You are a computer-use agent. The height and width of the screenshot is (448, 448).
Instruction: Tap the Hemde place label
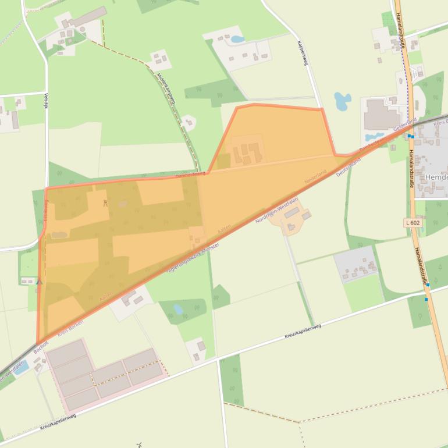pyautogui.click(x=436, y=177)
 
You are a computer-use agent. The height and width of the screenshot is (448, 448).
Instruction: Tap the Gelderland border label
pyautogui.click(x=404, y=124)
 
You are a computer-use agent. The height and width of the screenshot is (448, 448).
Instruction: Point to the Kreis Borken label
pyautogui.click(x=70, y=326)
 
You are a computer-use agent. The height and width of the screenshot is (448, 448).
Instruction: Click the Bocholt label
pyautogui.click(x=41, y=347)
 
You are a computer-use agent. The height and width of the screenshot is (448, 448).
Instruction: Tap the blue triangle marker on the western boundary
pyautogui.click(x=40, y=282)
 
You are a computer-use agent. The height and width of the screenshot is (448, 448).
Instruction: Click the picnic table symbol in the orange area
pyautogui.click(x=105, y=203)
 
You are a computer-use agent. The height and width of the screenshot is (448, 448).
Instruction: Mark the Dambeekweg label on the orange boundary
pyautogui.click(x=191, y=173)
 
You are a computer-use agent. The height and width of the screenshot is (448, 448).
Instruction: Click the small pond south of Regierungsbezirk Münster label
pyautogui.click(x=178, y=309)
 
